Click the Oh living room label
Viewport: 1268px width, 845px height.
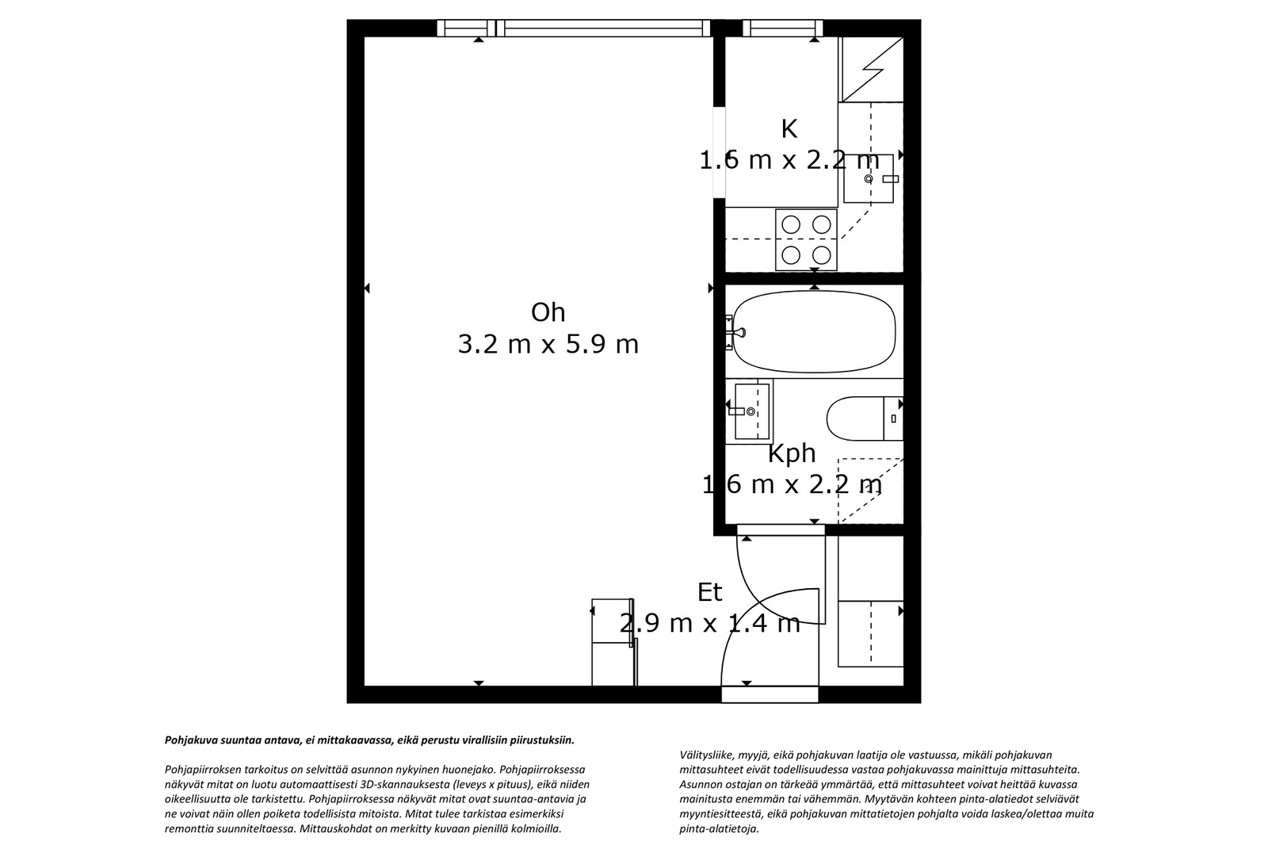[548, 312]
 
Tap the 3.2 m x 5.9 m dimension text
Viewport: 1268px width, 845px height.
[548, 344]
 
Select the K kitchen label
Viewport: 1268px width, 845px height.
[789, 129]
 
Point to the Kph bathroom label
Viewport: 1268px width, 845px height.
[792, 454]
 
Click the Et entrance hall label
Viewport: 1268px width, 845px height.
[710, 592]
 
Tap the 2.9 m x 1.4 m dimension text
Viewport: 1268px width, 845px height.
[710, 624]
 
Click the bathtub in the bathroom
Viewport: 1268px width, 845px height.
[814, 332]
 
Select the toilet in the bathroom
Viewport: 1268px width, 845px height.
[865, 419]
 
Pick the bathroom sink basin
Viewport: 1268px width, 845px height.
[752, 411]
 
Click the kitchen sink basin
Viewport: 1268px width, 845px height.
[869, 178]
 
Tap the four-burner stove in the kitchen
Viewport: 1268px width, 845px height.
[806, 240]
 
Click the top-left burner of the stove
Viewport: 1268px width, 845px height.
[791, 225]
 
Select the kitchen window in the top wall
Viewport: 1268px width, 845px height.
[783, 28]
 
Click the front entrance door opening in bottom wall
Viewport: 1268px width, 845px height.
[770, 694]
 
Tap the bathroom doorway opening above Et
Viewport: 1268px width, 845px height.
[781, 530]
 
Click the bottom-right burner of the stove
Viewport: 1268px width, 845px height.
[821, 255]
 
